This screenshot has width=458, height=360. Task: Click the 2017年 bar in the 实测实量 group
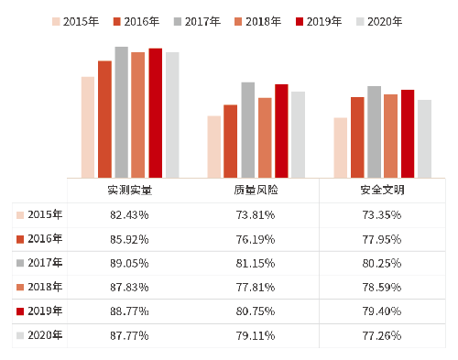[x=121, y=112]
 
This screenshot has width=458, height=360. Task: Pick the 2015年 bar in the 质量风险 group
[x=214, y=147]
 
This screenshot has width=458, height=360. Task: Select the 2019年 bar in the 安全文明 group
[x=408, y=134]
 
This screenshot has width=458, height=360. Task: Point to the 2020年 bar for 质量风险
[x=298, y=135]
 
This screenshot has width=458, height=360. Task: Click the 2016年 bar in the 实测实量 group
[x=104, y=119]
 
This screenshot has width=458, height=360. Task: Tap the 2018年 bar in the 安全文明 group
[x=390, y=136]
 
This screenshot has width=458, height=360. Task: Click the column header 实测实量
[x=129, y=191]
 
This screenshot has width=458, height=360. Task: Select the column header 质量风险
[x=256, y=191]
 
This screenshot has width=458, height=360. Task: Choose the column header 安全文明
[x=382, y=191]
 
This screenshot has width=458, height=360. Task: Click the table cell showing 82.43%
[x=129, y=215]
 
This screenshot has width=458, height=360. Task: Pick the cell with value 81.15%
[x=256, y=263]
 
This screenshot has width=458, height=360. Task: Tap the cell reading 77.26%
[x=382, y=335]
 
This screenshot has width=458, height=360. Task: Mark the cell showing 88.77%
[x=129, y=311]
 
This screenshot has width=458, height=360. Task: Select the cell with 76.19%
[x=256, y=239]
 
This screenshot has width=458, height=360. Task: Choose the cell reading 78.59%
[x=382, y=287]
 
